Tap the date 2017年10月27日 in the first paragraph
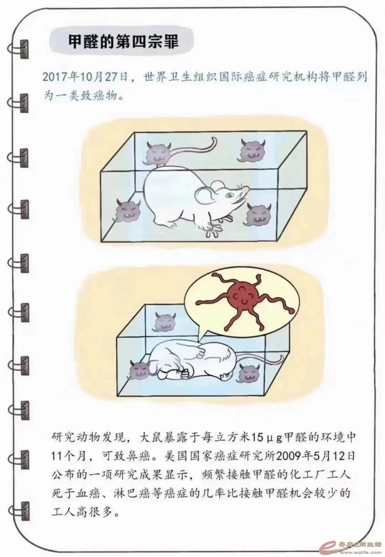point(86,77)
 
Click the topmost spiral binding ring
point(19,49)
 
